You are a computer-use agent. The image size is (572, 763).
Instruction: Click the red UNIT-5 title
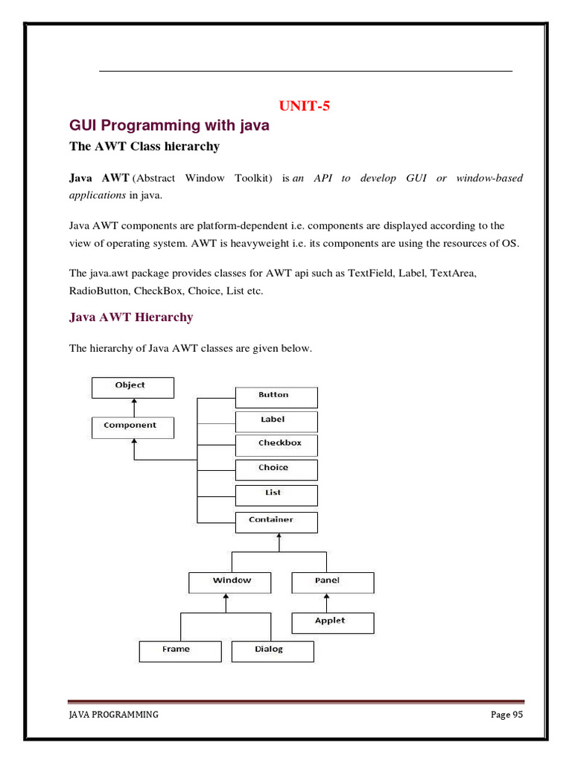coord(304,106)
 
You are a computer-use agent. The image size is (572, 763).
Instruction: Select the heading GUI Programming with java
coord(169,126)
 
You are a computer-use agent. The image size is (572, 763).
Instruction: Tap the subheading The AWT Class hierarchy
coord(144,147)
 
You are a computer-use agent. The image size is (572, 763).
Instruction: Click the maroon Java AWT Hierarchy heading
coord(131,317)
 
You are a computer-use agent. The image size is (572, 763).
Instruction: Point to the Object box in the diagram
coord(133,387)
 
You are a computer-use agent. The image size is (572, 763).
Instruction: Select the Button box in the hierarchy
coord(276,396)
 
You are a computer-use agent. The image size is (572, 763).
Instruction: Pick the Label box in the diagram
coord(276,421)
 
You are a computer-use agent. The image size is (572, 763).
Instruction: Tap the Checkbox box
coord(276,445)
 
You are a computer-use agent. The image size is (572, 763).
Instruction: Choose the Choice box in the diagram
coord(276,469)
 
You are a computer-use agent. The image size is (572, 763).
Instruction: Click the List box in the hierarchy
coord(276,495)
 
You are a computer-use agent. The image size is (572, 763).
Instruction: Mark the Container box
coord(276,521)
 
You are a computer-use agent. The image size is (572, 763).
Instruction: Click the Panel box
coord(332,582)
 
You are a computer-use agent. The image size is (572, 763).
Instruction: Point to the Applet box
coord(332,622)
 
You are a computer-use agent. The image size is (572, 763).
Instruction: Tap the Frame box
coord(179,650)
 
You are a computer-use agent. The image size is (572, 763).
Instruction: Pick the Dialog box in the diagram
coord(273,650)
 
